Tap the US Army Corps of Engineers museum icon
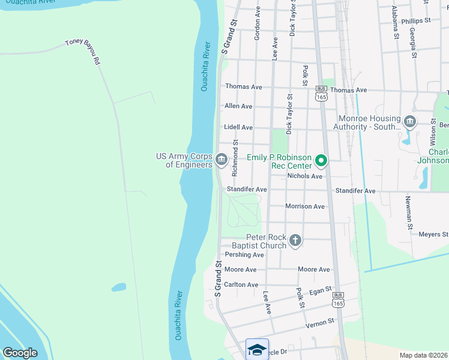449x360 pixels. tap(220, 160)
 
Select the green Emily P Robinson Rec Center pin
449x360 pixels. tap(321, 161)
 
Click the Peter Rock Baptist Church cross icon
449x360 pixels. tap(295, 241)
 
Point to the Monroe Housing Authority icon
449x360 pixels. tap(410, 122)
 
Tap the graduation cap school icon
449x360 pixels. tap(257, 349)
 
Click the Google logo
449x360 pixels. tap(20, 353)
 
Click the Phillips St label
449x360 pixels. tap(417, 20)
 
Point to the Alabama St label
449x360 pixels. tap(395, 23)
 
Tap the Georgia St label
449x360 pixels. tap(414, 42)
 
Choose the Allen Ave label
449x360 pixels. tap(238, 106)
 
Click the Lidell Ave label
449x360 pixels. tap(238, 128)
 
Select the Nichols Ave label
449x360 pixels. tap(305, 176)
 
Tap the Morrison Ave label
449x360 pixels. tap(305, 206)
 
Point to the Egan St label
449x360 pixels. tap(321, 291)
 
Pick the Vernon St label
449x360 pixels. tap(319, 323)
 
